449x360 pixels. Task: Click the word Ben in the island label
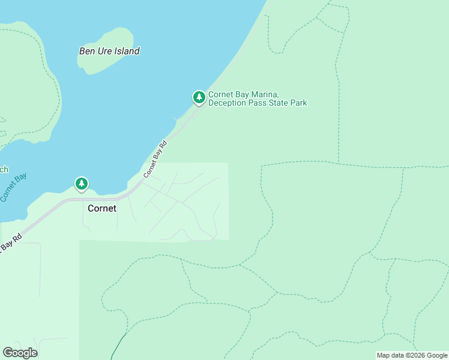pyautogui.click(x=87, y=51)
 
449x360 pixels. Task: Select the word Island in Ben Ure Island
pyautogui.click(x=128, y=51)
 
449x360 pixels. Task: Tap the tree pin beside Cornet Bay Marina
pyautogui.click(x=199, y=97)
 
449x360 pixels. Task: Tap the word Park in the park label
pyautogui.click(x=298, y=103)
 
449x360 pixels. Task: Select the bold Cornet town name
pyautogui.click(x=102, y=209)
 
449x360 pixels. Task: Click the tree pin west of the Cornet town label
pyautogui.click(x=82, y=184)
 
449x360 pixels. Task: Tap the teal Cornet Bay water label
pyautogui.click(x=12, y=187)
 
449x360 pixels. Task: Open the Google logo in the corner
pyautogui.click(x=20, y=353)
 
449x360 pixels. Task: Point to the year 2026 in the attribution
pyautogui.click(x=419, y=355)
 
